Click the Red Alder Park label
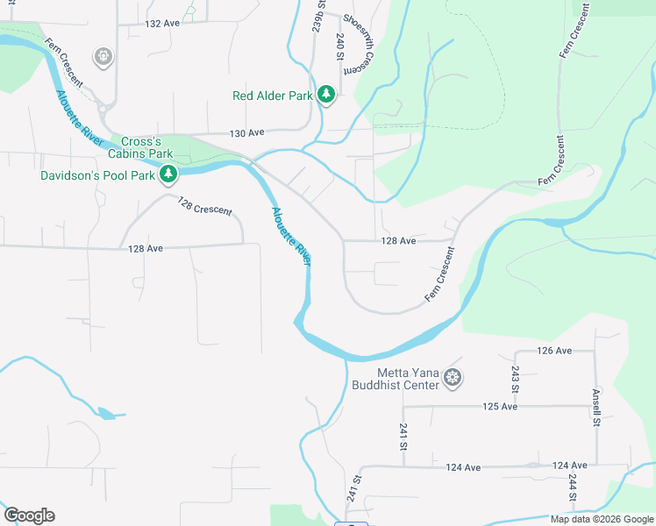click(273, 96)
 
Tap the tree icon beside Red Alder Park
click(326, 95)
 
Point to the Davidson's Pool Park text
click(97, 175)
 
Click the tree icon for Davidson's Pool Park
click(167, 175)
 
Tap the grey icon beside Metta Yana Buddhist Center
click(453, 378)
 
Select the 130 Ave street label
click(246, 133)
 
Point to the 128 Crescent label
click(204, 207)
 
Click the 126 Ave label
click(553, 351)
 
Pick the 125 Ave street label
click(501, 407)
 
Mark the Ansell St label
click(595, 408)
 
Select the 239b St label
click(317, 18)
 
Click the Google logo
click(29, 515)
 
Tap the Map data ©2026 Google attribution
click(603, 519)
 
